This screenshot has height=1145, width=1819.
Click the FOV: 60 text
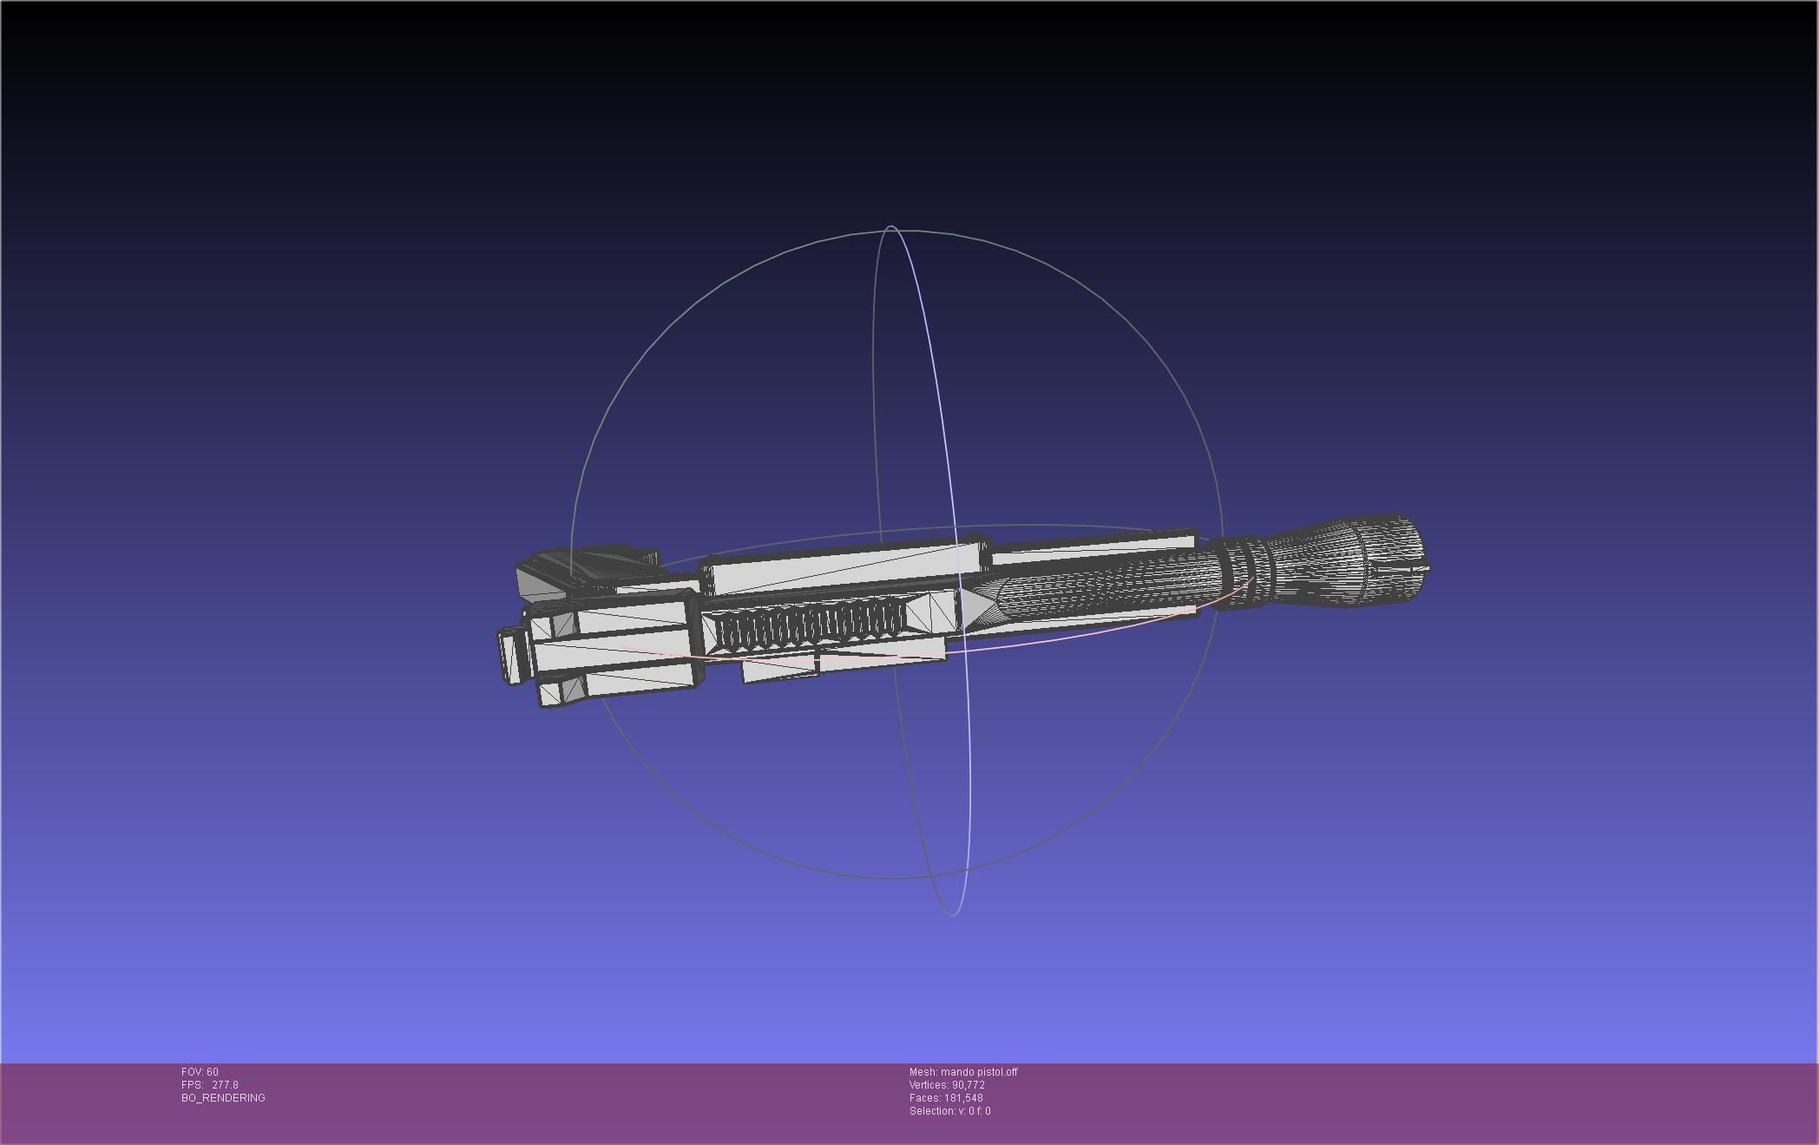pyautogui.click(x=200, y=1072)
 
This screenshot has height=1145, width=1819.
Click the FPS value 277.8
pyautogui.click(x=225, y=1085)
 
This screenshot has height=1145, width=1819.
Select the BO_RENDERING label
pyautogui.click(x=223, y=1098)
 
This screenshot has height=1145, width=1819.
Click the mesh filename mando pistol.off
pyautogui.click(x=978, y=1072)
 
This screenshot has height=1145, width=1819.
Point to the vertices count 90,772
pyautogui.click(x=968, y=1085)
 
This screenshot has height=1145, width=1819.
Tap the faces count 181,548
pyautogui.click(x=963, y=1098)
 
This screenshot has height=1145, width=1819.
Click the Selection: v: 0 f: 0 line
pyautogui.click(x=949, y=1111)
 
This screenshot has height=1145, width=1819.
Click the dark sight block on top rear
pyautogui.click(x=599, y=564)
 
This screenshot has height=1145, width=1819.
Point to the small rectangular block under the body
pyautogui.click(x=779, y=668)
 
